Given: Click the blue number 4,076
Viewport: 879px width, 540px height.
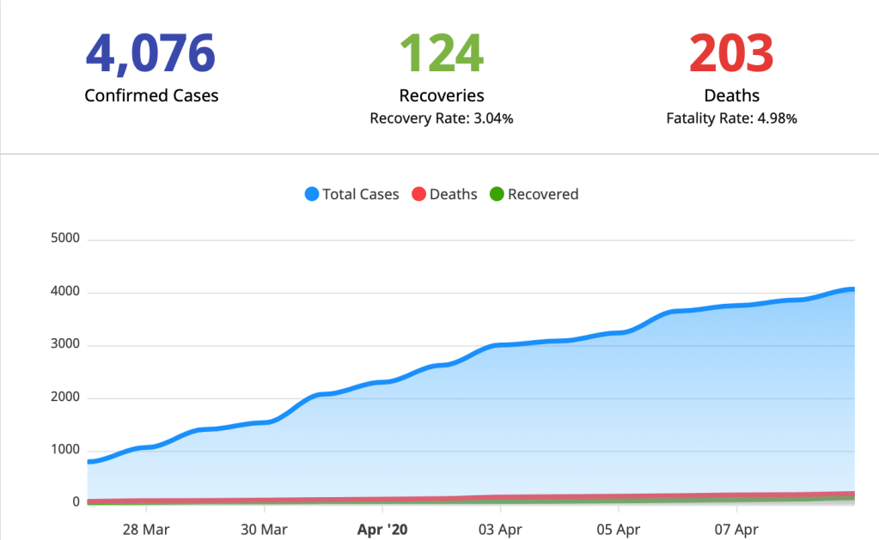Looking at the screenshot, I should coord(150,52).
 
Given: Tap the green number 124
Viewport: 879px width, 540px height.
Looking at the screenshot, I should coord(442,52).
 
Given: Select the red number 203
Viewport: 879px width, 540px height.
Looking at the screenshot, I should coord(731,52).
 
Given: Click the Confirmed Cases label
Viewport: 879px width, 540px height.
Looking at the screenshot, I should coord(151,95).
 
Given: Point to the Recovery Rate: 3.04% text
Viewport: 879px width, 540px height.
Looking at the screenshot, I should coord(442,118).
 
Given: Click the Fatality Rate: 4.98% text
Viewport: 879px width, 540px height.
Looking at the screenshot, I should coord(731,118).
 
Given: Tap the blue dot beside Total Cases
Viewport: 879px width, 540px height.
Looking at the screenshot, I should coord(312,194).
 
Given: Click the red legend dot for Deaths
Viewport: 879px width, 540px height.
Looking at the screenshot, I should coord(419,194).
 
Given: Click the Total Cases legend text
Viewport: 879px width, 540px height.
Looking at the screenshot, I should coord(361,194).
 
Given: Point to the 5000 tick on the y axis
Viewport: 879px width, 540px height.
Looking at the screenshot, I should coord(65,239).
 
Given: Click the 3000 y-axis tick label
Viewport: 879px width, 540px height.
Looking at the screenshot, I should coord(65,345).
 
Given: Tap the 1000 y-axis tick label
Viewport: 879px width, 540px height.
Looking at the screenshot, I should coord(65,450).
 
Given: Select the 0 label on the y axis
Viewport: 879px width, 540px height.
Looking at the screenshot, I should coord(75,502).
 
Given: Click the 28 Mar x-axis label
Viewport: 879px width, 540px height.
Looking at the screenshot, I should coord(145,527).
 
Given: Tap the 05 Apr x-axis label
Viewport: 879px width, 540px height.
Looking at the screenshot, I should coord(617,527).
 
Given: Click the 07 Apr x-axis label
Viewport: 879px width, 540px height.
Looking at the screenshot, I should coord(736,527).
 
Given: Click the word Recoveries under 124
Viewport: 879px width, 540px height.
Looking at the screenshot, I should coord(442,95).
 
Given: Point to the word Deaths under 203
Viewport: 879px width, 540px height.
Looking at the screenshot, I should coord(731,95).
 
